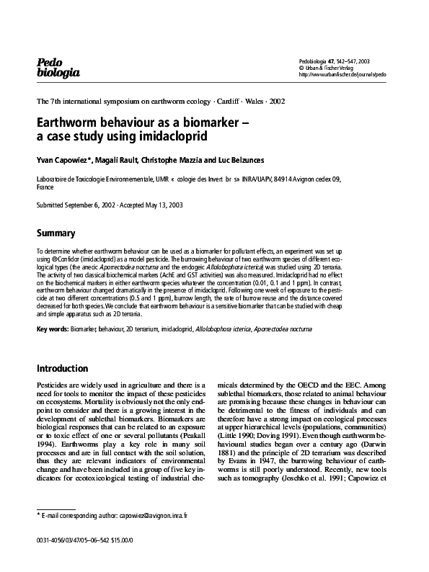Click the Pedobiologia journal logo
click(x=58, y=67)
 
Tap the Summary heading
click(x=56, y=233)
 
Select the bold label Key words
click(x=52, y=329)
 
